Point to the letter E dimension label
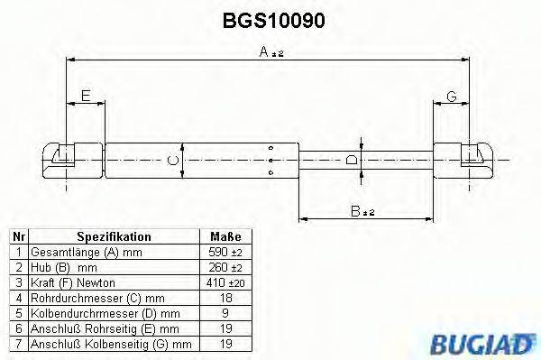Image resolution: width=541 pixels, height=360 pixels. [x=86, y=96]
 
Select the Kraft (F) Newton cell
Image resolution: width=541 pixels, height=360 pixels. [x=72, y=283]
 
